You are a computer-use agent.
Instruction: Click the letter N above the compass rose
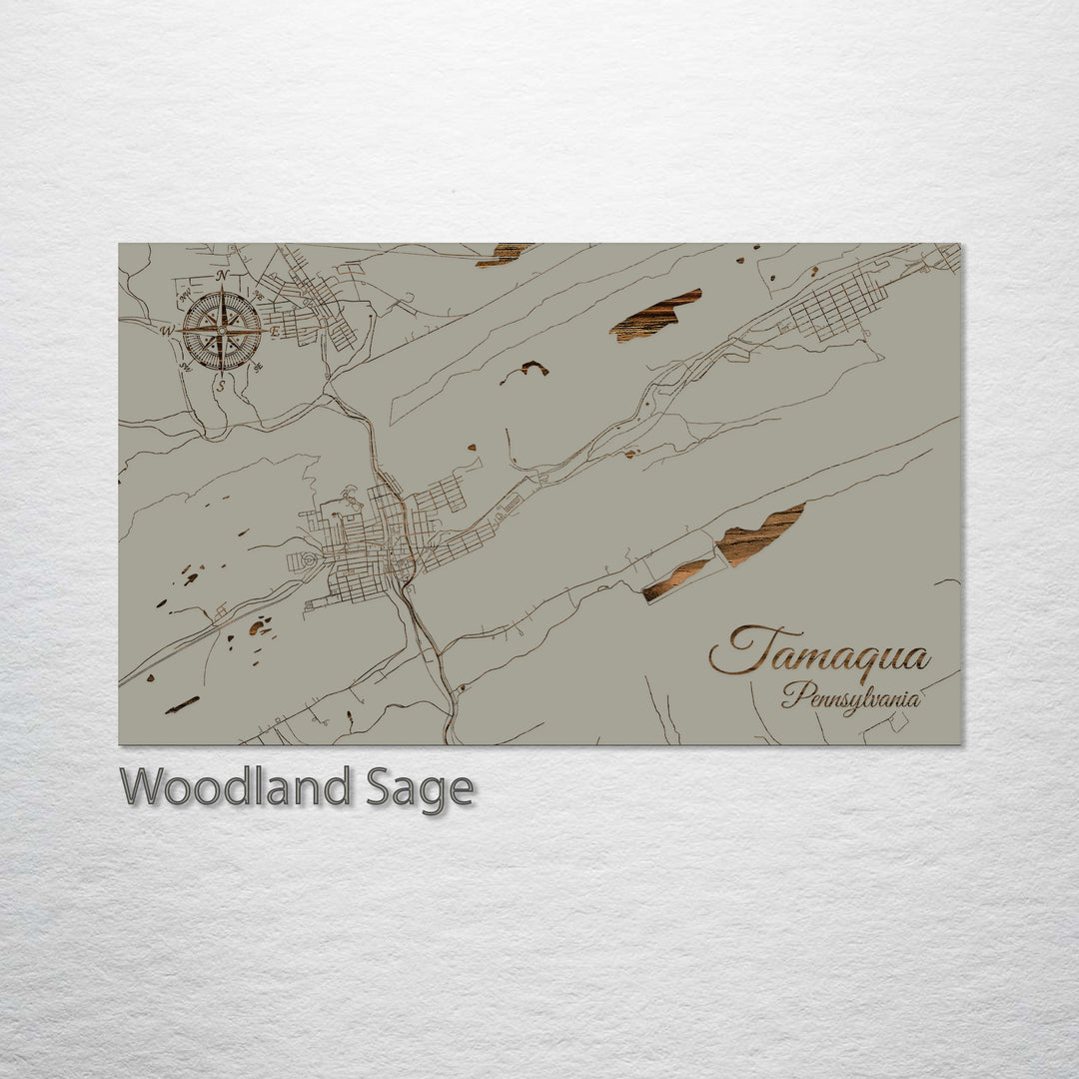click(222, 276)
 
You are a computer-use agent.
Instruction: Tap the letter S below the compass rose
click(222, 385)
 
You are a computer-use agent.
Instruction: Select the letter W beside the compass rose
click(168, 331)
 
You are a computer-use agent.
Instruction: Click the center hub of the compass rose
click(222, 330)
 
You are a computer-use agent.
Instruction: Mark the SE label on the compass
click(259, 367)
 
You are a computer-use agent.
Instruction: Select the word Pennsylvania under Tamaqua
click(851, 696)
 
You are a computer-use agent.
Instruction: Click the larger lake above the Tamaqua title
click(759, 535)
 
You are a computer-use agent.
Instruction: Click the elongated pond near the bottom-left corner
click(183, 704)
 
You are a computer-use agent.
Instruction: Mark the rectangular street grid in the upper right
click(837, 304)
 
